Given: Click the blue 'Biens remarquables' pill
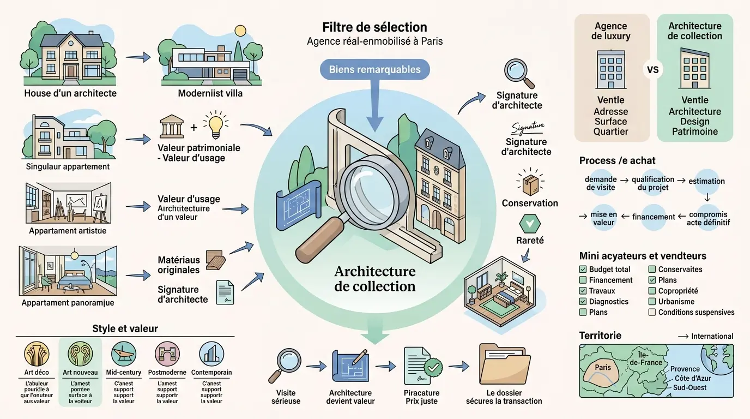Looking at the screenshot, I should [x=375, y=69].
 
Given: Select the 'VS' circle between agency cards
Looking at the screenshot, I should [x=652, y=70].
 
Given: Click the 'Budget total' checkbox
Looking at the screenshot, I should [x=583, y=270].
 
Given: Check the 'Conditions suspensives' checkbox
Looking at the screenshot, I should [x=652, y=313].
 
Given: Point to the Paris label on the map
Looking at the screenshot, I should [x=603, y=367].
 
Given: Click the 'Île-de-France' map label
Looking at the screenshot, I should [x=646, y=358].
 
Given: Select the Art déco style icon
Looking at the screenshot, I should [x=37, y=354].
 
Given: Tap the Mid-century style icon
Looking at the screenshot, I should [x=123, y=354].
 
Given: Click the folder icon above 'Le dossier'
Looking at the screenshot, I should [x=505, y=364].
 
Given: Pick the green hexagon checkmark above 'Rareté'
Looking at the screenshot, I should [x=528, y=223].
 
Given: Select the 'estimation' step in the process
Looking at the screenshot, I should [x=707, y=181].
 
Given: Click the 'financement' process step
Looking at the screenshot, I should [x=654, y=217].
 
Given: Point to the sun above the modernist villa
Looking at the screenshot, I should [x=240, y=31].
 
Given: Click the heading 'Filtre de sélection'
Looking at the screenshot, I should [x=374, y=27].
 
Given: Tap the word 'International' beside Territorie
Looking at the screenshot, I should [x=712, y=336].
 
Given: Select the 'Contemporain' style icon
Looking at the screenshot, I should [x=211, y=354].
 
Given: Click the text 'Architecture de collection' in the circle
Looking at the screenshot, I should [x=374, y=278].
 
